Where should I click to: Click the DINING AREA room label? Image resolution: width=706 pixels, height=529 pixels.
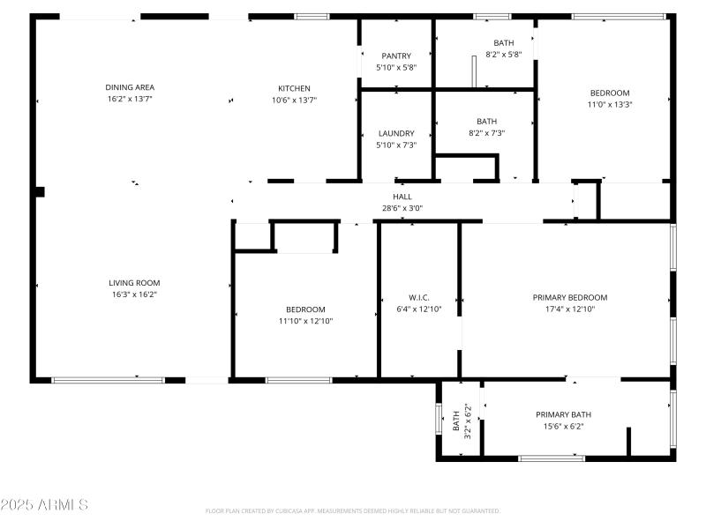(130, 87)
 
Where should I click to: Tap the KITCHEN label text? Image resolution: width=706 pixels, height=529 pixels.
(294, 88)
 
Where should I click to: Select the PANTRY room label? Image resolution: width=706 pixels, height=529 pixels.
(396, 56)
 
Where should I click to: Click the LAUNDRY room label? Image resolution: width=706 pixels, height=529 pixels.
(396, 133)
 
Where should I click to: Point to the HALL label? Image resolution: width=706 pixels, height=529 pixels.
(402, 197)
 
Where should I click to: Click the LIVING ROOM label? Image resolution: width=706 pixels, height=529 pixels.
(134, 283)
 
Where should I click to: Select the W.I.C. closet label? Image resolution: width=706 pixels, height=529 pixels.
(418, 297)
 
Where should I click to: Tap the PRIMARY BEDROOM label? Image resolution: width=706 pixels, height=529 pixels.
(570, 297)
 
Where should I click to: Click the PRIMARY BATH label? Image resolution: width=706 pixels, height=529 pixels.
(563, 414)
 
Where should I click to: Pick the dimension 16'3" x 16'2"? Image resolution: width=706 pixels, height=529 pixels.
(134, 294)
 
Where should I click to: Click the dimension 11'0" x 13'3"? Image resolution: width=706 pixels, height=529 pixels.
(610, 104)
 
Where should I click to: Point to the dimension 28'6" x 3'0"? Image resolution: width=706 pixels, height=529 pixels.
(402, 208)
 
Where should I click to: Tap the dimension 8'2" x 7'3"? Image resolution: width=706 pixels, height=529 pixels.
(486, 133)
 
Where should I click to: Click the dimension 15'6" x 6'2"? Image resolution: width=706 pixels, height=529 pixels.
(563, 426)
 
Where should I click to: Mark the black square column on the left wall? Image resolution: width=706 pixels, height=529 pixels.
(39, 191)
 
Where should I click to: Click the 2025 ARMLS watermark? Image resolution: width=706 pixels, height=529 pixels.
(44, 505)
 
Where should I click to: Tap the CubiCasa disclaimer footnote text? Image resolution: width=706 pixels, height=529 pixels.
(353, 510)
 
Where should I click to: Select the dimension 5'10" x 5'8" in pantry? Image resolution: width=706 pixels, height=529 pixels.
(396, 67)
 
